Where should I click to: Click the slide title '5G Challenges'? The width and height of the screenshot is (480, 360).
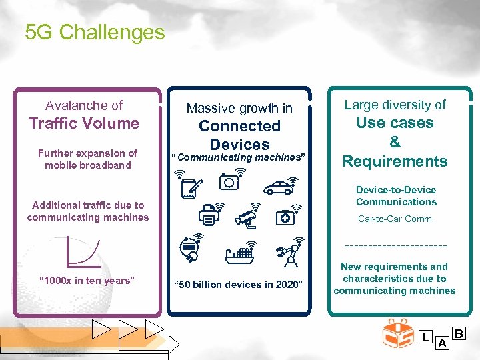[x=95, y=32]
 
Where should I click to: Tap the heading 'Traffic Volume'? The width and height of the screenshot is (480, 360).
[x=84, y=123]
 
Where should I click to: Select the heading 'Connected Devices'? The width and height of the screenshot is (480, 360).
[x=239, y=135]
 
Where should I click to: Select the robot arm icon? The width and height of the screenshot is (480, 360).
[x=287, y=253]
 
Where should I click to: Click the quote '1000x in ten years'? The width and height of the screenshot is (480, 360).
[x=87, y=280]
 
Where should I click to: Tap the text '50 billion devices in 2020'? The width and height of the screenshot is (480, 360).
[x=238, y=285]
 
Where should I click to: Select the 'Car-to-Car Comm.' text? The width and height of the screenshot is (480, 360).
[x=396, y=219]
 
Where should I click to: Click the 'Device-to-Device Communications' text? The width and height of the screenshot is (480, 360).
[x=396, y=196]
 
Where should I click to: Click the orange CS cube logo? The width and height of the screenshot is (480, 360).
[x=398, y=333]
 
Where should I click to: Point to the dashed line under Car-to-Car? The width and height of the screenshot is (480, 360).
[x=395, y=244]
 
